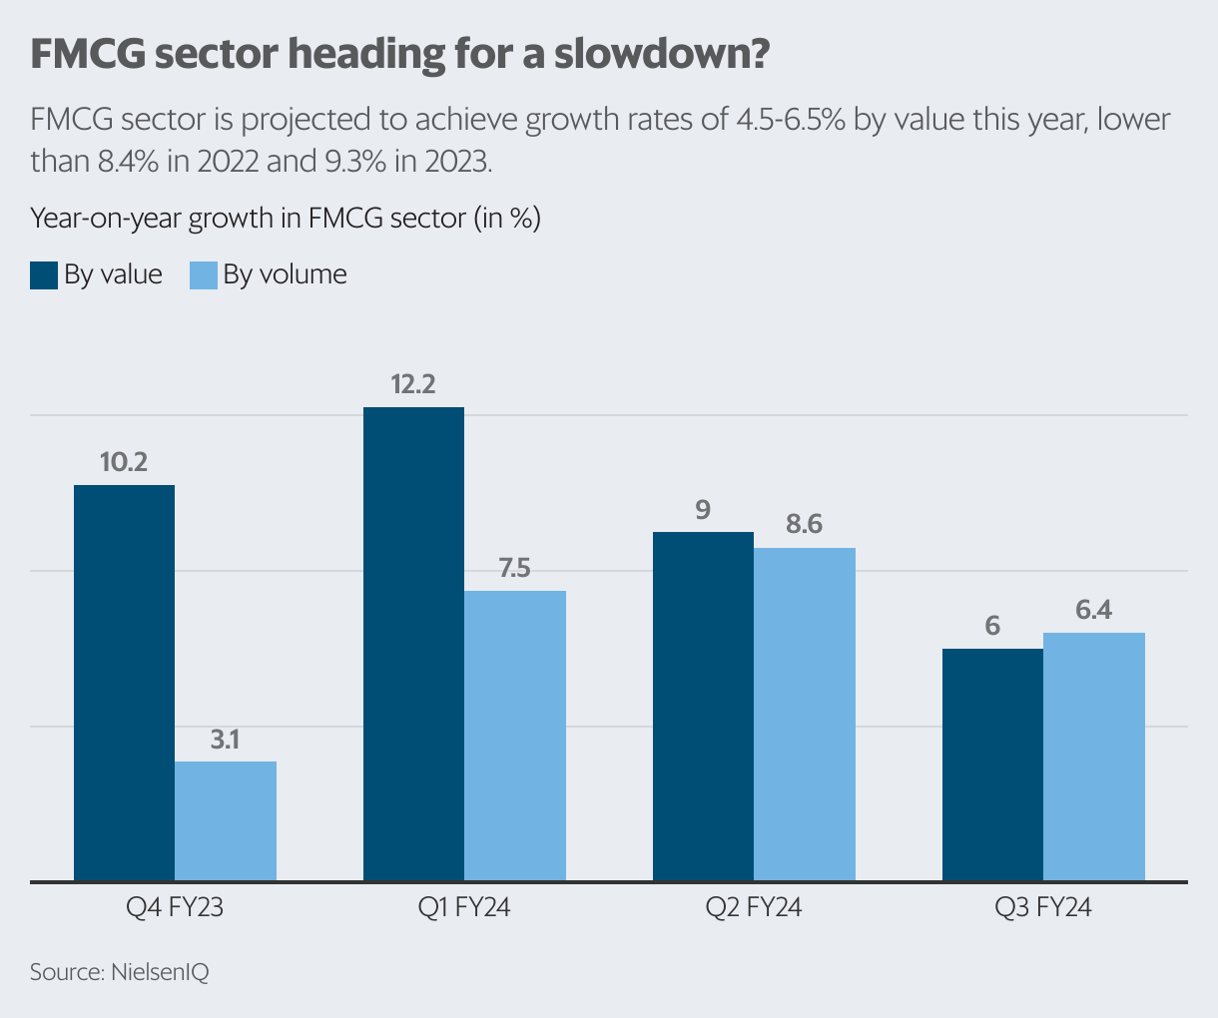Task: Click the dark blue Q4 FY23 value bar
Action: click(x=125, y=683)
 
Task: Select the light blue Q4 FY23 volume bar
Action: click(x=226, y=820)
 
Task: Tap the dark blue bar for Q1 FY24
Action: click(x=414, y=644)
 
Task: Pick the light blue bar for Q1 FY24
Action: click(x=515, y=736)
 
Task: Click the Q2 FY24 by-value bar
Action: click(x=703, y=706)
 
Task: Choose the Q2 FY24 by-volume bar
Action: click(x=805, y=714)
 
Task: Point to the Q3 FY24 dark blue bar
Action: click(x=993, y=764)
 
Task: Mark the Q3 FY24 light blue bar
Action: click(x=1094, y=757)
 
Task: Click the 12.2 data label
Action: click(x=413, y=384)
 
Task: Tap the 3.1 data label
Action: click(x=226, y=740)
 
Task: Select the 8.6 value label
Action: click(x=804, y=525)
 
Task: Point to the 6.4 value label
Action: click(x=1093, y=610)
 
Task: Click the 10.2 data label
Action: click(x=124, y=462)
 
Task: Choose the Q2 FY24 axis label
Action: click(x=754, y=908)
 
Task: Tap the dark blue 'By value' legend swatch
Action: click(x=44, y=275)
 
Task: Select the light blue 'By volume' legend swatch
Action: click(x=203, y=275)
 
